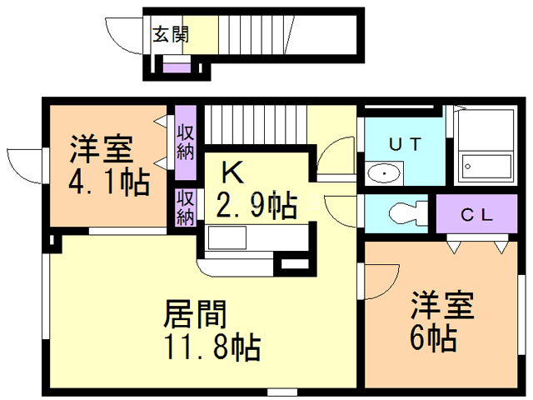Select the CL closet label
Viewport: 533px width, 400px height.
[x=477, y=214]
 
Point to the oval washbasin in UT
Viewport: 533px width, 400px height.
[x=384, y=174]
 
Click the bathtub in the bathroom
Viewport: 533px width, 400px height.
[x=486, y=166]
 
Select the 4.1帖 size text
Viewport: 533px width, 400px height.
[x=107, y=180]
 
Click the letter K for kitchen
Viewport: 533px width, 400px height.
[x=232, y=172]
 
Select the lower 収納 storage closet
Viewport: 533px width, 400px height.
[x=185, y=207]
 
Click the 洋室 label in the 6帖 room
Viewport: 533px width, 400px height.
[x=441, y=305]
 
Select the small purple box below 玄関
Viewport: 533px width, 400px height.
[x=176, y=67]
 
